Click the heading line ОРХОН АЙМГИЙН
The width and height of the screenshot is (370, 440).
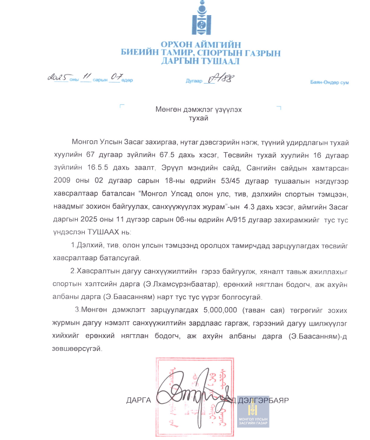[x=200, y=44]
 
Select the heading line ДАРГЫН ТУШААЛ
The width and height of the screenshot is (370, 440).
[x=200, y=61]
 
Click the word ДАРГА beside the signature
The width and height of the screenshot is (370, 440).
[x=138, y=401]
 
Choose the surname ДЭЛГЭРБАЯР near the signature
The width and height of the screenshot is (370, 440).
[x=263, y=400]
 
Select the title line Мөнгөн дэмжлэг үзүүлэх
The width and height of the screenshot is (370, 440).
[x=198, y=110]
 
